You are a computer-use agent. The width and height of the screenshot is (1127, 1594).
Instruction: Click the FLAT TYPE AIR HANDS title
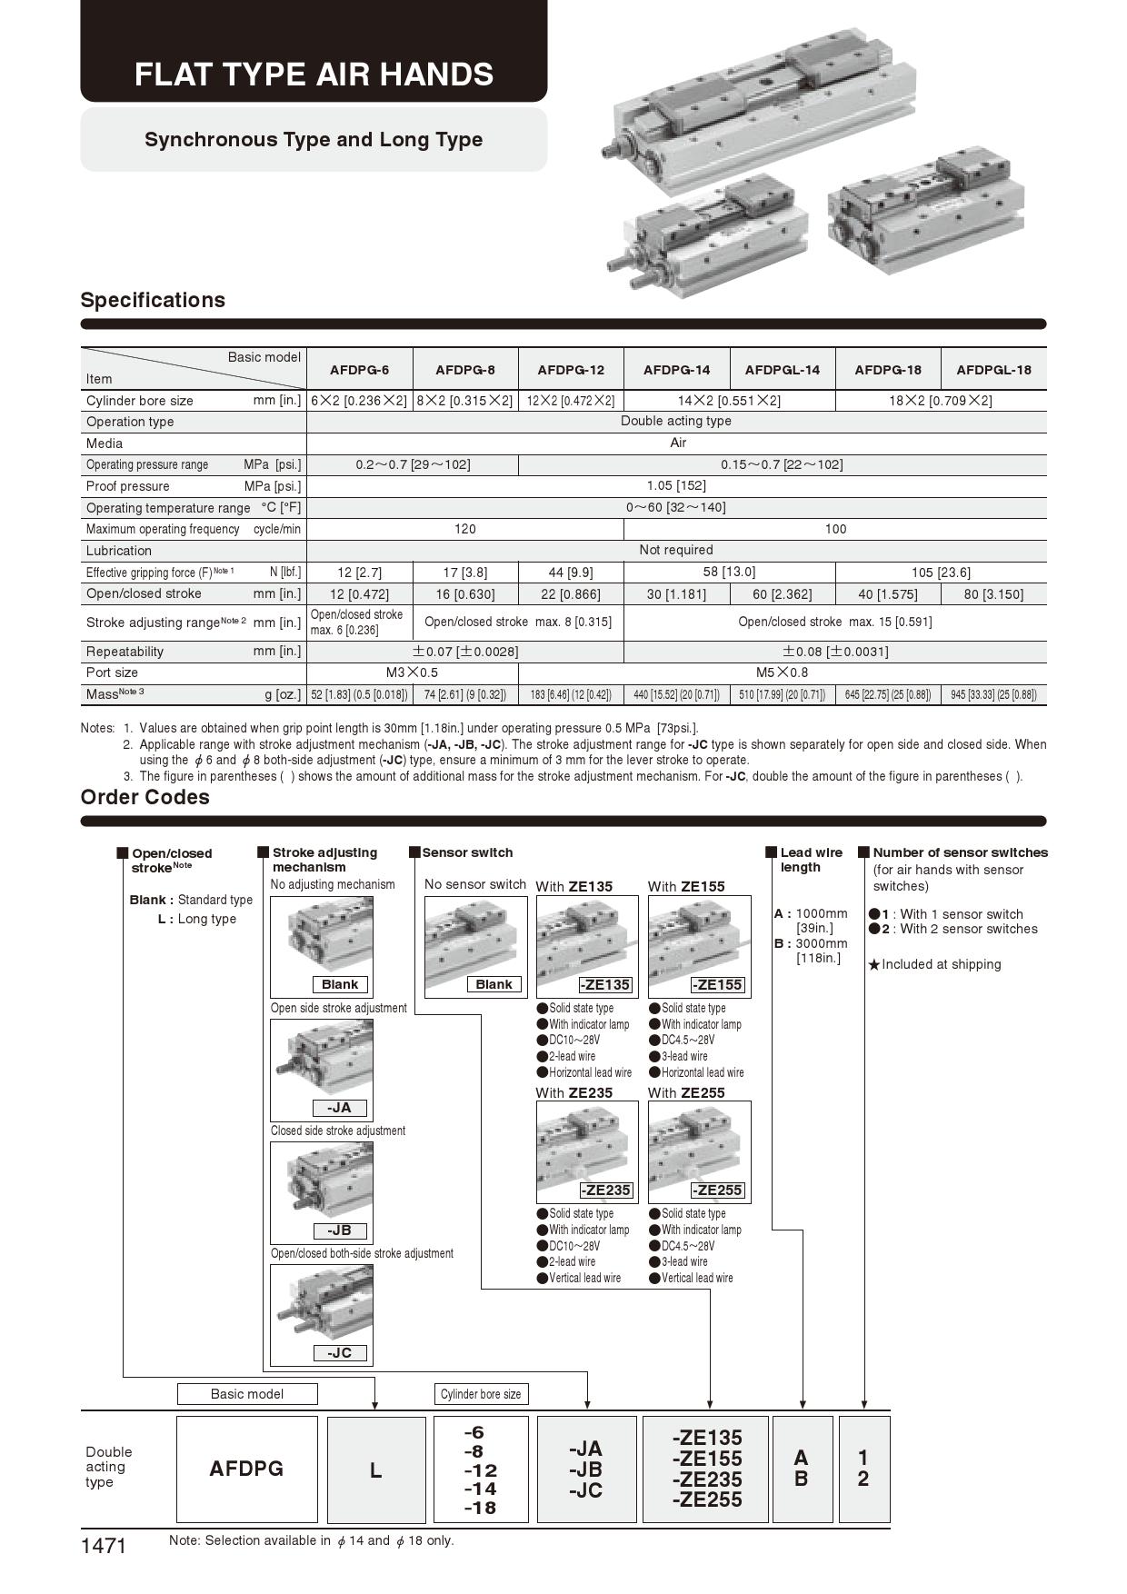coord(314,75)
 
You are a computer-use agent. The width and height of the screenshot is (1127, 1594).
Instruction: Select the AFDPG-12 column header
coord(571,370)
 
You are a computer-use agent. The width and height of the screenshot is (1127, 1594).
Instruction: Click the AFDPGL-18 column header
coord(993,370)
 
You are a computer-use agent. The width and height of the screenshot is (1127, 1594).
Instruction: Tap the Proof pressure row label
coord(128,486)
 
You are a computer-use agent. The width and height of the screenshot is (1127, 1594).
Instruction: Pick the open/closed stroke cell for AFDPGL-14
coord(782,594)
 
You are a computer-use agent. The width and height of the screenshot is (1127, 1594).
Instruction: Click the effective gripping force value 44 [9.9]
coord(571,573)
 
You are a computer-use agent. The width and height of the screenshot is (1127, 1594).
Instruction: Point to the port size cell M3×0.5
coord(412,672)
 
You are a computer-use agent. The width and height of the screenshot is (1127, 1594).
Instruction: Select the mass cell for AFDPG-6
coord(359,695)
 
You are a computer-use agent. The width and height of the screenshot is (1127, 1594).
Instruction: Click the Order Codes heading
coord(145,797)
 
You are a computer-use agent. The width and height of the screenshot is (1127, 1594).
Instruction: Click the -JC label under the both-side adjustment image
coord(339,1353)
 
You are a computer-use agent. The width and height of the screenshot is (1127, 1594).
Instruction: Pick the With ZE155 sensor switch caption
coord(686,887)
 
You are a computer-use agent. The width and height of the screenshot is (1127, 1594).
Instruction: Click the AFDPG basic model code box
coord(246,1469)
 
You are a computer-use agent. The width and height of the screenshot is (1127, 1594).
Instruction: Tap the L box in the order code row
coord(375,1469)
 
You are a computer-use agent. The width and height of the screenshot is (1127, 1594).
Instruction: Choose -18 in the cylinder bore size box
coord(480,1508)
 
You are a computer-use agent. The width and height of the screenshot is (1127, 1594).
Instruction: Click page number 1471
coord(104,1546)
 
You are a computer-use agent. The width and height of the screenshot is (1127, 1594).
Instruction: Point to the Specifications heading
coord(153,300)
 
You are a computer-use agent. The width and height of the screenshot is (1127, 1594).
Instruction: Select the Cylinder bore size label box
coord(481,1394)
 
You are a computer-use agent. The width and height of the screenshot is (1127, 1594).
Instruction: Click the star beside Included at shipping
coord(874,965)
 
